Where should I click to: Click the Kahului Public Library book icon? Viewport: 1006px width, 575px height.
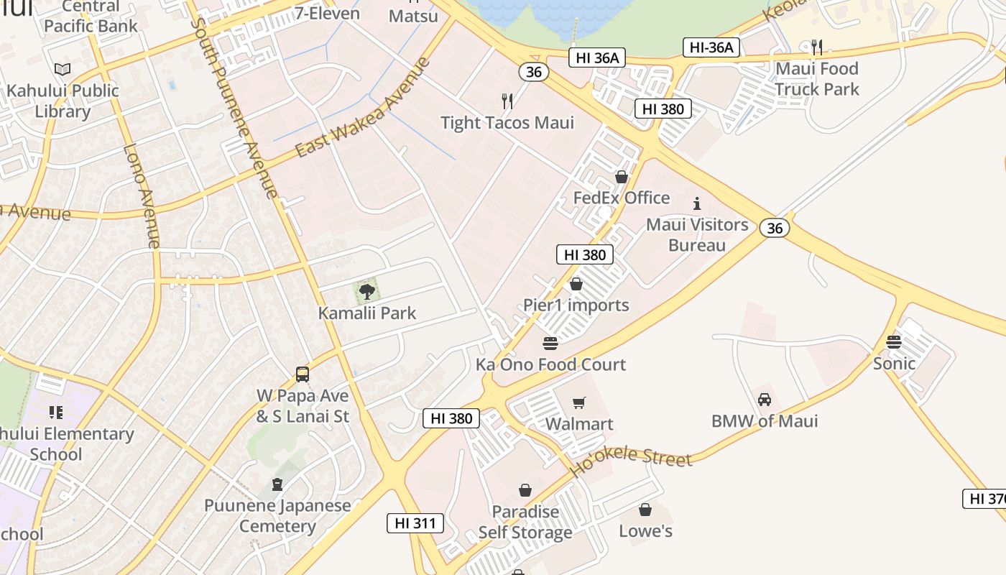63,69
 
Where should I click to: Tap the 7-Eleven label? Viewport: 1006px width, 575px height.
327,13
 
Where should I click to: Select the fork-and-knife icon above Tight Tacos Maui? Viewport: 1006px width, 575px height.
507,101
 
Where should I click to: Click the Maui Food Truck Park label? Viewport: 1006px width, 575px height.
816,79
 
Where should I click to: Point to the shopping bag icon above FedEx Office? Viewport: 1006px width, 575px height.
622,177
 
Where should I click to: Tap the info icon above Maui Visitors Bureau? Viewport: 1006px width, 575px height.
696,203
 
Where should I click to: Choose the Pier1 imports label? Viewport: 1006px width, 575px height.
576,305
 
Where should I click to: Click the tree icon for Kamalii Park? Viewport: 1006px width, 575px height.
367,292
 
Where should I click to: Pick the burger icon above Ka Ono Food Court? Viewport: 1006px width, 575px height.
550,344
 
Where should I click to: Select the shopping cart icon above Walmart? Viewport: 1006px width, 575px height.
579,403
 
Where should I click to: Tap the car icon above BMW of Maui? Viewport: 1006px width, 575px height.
765,400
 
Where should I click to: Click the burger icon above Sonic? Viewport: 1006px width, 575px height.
894,342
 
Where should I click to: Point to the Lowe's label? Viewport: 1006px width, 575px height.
645,531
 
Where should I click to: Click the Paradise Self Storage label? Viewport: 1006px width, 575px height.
525,523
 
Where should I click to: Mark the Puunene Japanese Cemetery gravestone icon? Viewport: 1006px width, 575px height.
277,484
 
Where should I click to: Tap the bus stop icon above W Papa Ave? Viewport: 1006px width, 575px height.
303,374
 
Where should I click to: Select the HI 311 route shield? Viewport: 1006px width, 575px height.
415,523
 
